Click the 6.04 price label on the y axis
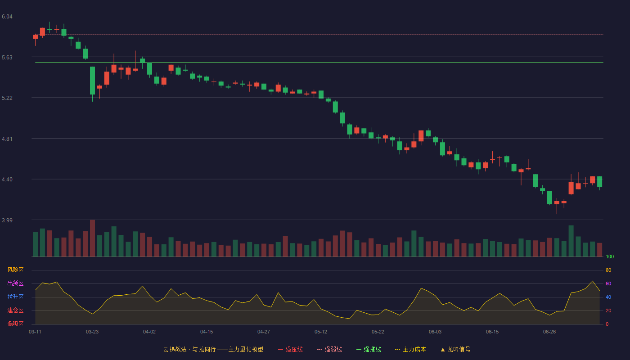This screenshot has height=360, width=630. coord(7,17)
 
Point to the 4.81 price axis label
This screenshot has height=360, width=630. coord(7,139)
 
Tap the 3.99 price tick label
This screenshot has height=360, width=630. coord(7,220)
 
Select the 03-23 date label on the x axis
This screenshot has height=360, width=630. coord(92,332)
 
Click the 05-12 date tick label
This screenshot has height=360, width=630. coord(321,332)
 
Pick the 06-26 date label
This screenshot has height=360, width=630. coord(549,332)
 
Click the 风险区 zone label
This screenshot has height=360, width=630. coord(15,270)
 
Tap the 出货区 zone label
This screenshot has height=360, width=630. coord(15,283)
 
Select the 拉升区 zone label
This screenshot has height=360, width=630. coord(15,297)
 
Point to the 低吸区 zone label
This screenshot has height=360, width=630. coord(15,324)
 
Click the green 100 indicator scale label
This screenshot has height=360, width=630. coord(610,256)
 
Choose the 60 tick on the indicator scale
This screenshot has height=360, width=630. coord(608,283)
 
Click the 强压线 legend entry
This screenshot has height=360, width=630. coord(290,349)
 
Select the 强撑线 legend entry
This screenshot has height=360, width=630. coord(369,349)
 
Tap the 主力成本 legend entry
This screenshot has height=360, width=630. coord(410,349)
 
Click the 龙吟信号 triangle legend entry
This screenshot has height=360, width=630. coord(455,349)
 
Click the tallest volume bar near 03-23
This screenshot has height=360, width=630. coord(92,238)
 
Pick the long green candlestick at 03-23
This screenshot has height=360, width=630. coord(92,81)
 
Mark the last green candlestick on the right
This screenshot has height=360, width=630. coord(599,182)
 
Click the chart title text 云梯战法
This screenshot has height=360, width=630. coord(175,349)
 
